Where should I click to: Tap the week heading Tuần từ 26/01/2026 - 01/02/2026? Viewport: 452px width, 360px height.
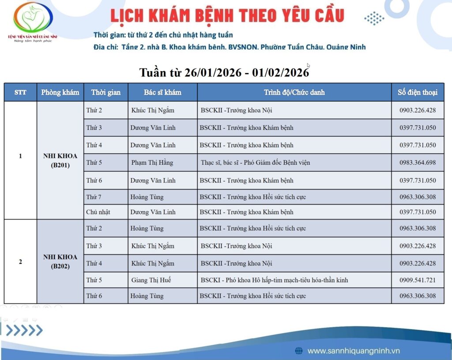coord(224,72)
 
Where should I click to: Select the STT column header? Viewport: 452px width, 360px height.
coord(20,92)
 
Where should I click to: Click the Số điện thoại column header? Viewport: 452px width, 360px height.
coord(418,92)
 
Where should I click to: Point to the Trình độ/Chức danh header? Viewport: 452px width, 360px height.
coord(294,92)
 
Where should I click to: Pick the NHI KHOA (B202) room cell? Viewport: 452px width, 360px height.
coord(60,261)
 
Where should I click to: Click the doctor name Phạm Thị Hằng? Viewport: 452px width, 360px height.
coord(152,163)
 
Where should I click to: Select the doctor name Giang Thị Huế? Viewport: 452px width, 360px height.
coord(151,280)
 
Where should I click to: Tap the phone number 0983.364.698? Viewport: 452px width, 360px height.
coord(418,163)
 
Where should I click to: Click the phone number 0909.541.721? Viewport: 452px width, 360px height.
coord(418,280)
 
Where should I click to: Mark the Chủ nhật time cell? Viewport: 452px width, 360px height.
coord(98,212)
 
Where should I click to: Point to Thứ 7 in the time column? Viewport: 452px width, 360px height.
coord(94,197)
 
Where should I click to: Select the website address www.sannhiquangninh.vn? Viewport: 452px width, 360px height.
coord(354,351)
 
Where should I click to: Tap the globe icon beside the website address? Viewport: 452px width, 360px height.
coord(299,351)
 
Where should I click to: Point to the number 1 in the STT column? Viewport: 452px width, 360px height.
coord(20,156)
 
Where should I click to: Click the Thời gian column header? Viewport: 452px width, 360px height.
coord(106,92)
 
